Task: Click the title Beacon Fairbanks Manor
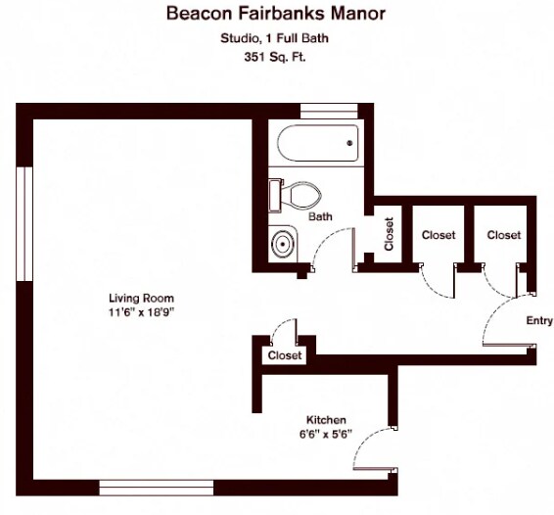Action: [x=276, y=14]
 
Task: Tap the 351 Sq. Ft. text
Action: [x=274, y=57]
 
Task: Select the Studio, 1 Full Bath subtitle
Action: [x=274, y=38]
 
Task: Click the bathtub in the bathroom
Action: [x=318, y=143]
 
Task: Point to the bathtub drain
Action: [x=349, y=143]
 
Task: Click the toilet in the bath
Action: [x=295, y=196]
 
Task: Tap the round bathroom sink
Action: [x=282, y=244]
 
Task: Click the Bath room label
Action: [x=320, y=216]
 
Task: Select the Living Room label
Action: [x=141, y=298]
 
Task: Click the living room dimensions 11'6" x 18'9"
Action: [x=142, y=312]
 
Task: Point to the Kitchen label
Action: [x=326, y=420]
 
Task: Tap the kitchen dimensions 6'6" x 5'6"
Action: [x=326, y=434]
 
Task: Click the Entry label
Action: [x=539, y=320]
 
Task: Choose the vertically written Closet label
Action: [x=389, y=234]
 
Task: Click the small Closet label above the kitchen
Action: [x=285, y=355]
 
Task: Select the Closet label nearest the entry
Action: [x=504, y=235]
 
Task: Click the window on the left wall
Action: [x=24, y=224]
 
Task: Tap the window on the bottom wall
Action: [x=157, y=488]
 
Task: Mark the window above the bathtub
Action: [x=329, y=111]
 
